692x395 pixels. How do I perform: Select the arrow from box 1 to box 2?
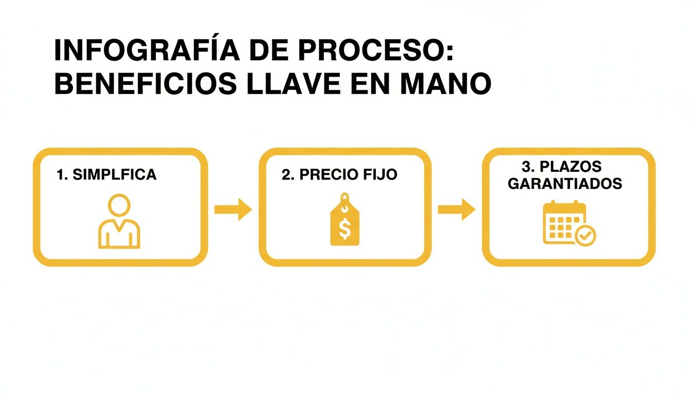233,209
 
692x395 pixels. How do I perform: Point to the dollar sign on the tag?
345,229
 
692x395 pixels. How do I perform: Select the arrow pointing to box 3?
456,209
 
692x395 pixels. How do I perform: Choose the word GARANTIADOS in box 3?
565,184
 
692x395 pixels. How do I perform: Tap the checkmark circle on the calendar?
585,236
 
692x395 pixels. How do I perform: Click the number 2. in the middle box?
287,175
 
